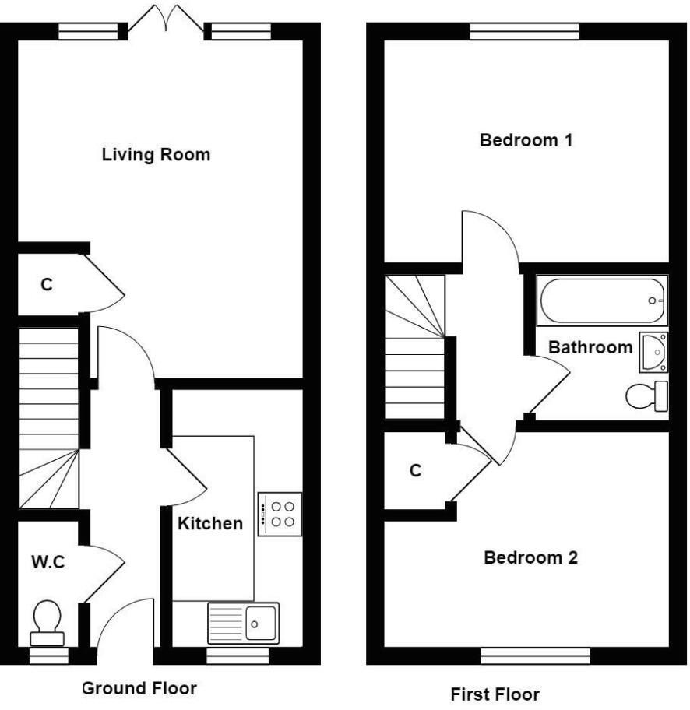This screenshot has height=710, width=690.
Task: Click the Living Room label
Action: point(156,154)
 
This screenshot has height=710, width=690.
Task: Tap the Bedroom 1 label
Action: point(526,140)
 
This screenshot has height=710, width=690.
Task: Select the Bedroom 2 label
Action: point(530,557)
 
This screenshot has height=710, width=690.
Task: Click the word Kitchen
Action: point(210,523)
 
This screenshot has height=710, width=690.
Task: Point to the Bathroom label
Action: point(590,347)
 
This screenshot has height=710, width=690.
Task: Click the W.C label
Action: point(48,562)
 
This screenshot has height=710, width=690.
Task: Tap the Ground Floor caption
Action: point(139,688)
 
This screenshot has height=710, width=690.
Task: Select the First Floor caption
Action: point(495,694)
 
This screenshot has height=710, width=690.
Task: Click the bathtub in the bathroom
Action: point(601,301)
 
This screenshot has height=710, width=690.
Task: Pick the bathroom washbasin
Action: point(655,353)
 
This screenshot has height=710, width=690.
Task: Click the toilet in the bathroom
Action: point(646,395)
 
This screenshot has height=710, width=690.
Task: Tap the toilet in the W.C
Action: point(47,623)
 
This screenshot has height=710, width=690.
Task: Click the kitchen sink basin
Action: point(258,622)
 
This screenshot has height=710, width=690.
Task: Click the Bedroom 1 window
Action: point(524,31)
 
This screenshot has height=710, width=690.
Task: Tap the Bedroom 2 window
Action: point(535,656)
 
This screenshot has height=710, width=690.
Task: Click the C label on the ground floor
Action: point(47,285)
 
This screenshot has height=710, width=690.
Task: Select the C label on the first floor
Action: point(416,470)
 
